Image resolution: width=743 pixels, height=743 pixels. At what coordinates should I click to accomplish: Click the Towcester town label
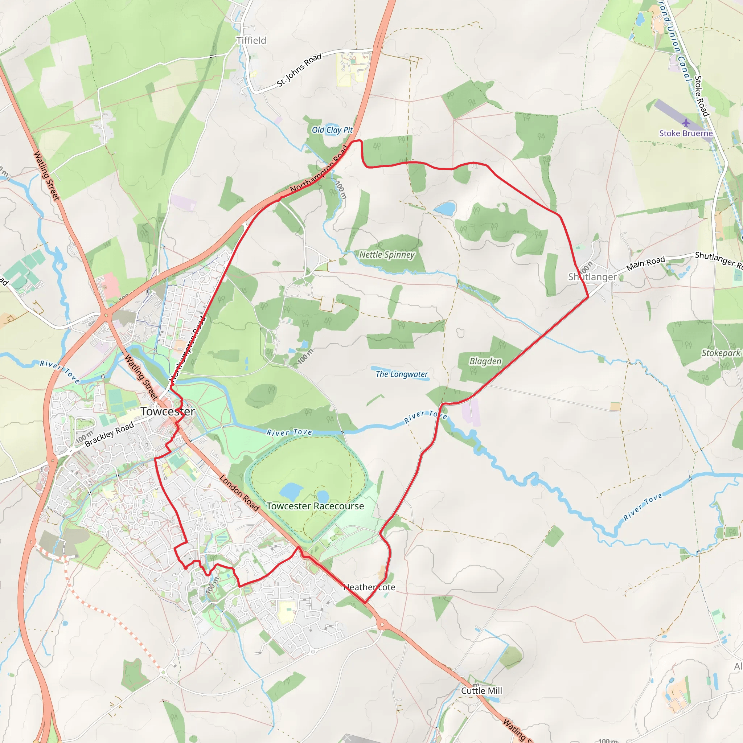pyautogui.click(x=167, y=411)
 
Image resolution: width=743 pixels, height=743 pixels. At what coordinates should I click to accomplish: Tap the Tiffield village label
pyautogui.click(x=251, y=40)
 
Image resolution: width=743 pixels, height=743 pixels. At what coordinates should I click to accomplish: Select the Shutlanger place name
pyautogui.click(x=592, y=277)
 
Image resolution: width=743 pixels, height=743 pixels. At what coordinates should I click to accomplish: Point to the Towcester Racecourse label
pyautogui.click(x=315, y=506)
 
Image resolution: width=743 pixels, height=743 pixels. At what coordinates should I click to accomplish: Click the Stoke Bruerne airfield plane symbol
pyautogui.click(x=686, y=123)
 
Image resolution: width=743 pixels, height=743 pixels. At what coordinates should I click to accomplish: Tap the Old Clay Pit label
pyautogui.click(x=332, y=130)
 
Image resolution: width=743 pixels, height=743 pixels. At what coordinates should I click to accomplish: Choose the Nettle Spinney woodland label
pyautogui.click(x=387, y=255)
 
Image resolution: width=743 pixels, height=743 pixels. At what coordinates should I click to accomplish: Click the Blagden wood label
pyautogui.click(x=485, y=361)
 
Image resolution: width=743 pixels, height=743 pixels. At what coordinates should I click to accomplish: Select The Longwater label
pyautogui.click(x=402, y=374)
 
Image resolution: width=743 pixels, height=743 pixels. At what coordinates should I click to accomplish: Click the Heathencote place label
pyautogui.click(x=369, y=587)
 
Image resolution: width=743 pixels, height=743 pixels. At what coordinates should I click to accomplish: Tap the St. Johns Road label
pyautogui.click(x=299, y=70)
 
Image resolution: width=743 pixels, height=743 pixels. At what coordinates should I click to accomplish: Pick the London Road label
pyautogui.click(x=239, y=493)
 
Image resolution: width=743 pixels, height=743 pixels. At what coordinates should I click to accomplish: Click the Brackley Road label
pyautogui.click(x=109, y=434)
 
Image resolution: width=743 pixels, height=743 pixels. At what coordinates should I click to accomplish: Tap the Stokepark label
pyautogui.click(x=721, y=353)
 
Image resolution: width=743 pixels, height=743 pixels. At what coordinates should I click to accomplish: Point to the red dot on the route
pyautogui.click(x=185, y=568)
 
